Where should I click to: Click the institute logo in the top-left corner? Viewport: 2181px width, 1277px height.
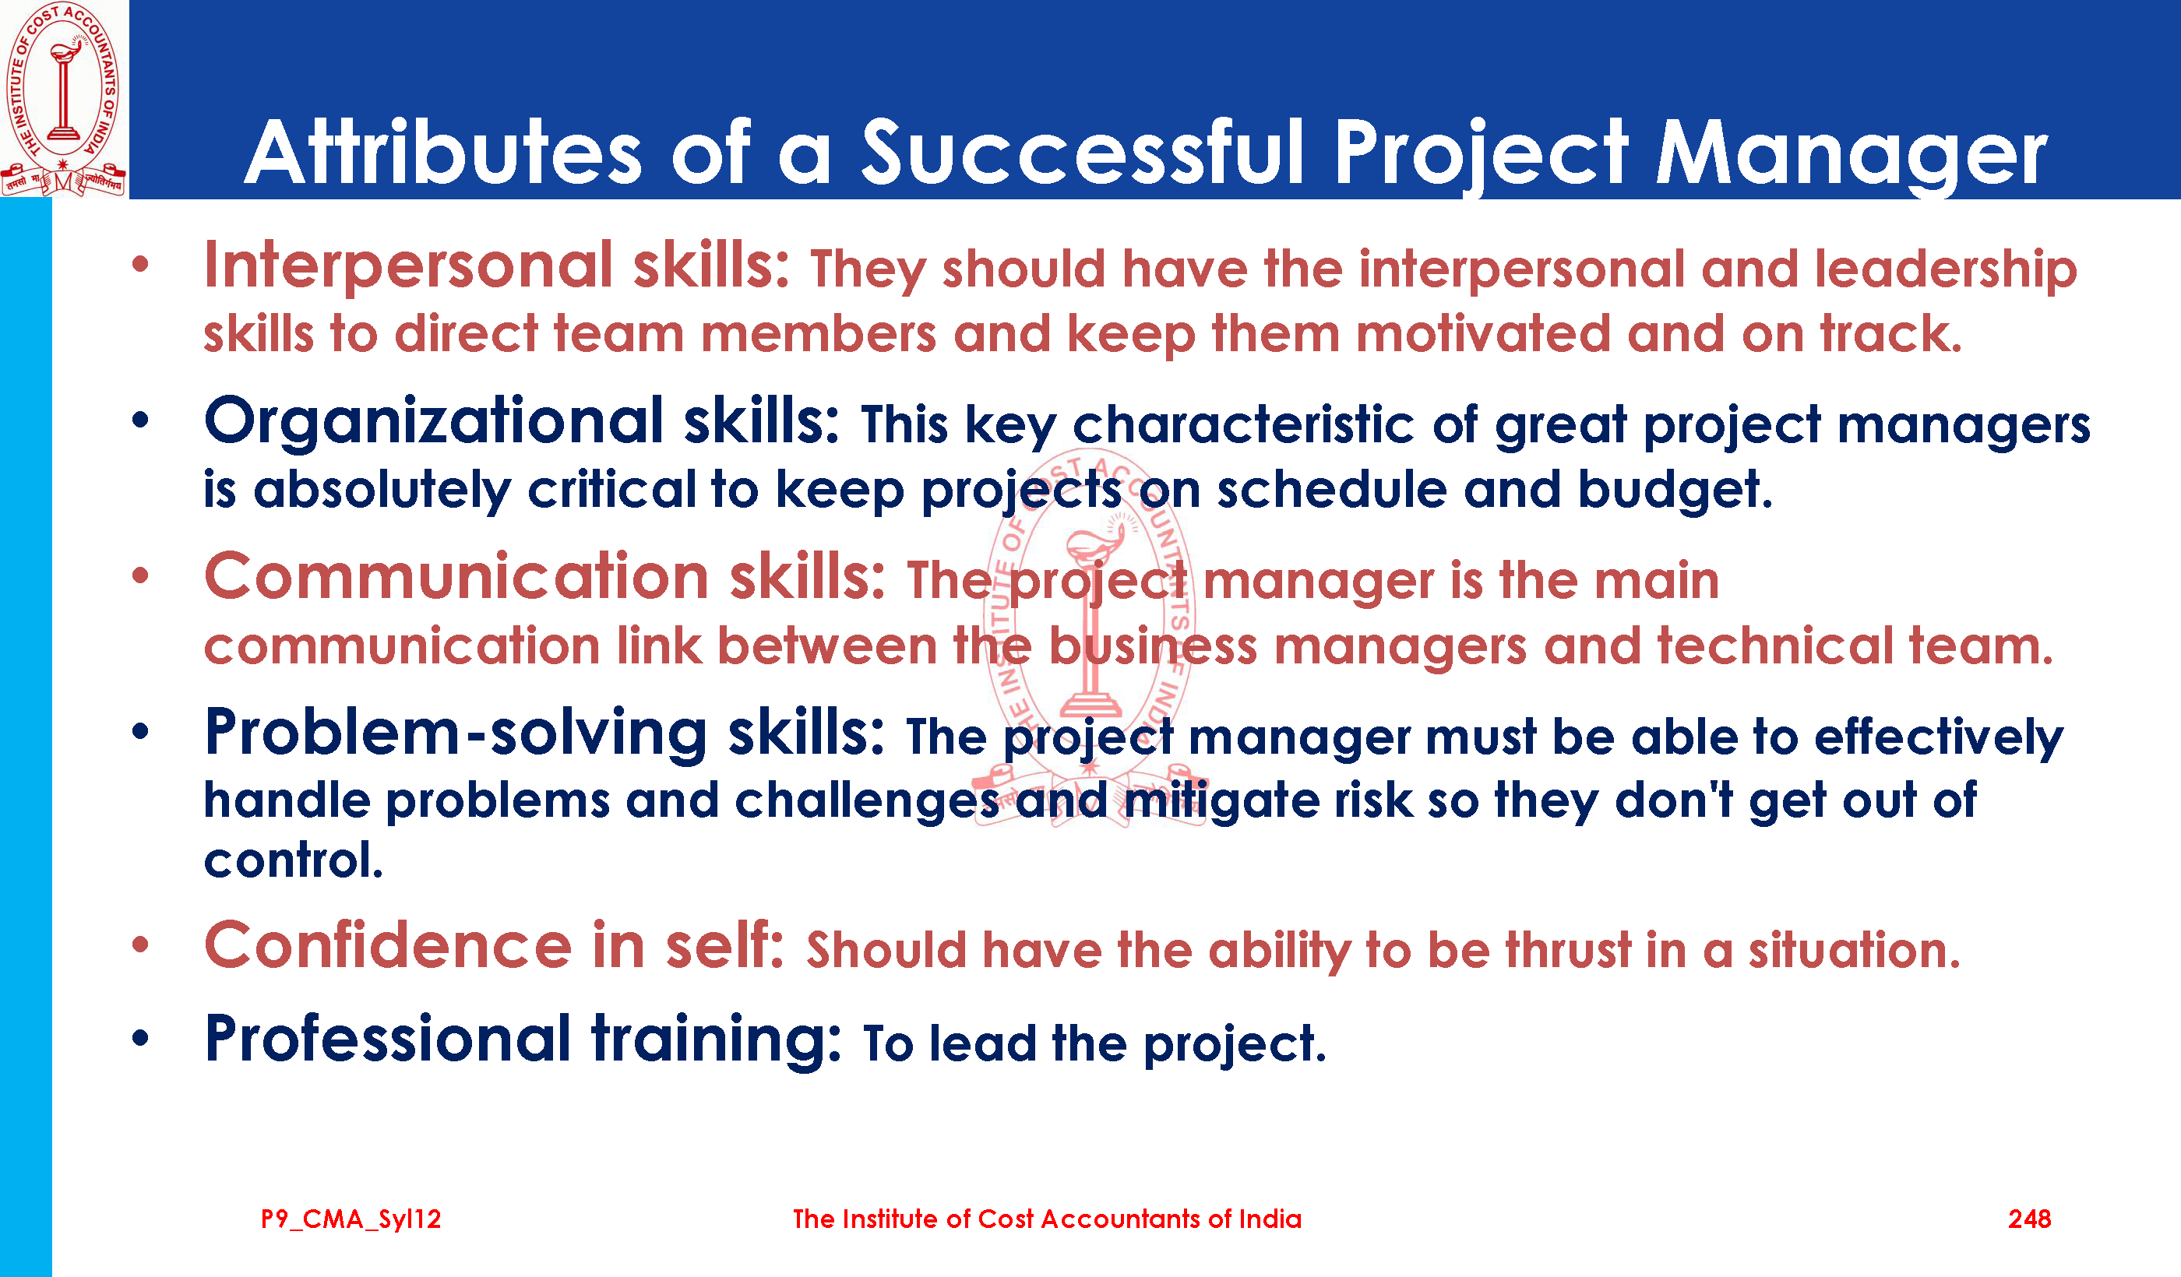click(63, 99)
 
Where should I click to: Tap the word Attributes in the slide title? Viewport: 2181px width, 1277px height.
click(443, 154)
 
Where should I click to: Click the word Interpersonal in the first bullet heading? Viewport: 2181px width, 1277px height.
click(408, 267)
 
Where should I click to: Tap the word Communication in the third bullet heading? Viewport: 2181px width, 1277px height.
click(457, 577)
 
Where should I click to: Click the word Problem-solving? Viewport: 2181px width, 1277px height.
click(456, 733)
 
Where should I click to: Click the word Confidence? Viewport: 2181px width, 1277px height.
click(388, 945)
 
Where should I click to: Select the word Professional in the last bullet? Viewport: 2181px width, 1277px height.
click(387, 1040)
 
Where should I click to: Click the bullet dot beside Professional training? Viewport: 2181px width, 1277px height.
click(140, 1037)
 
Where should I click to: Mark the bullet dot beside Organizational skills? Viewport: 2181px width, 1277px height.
click(140, 421)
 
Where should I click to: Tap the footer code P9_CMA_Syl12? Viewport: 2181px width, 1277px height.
click(351, 1220)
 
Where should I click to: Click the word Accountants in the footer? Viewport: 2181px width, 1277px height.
click(1121, 1219)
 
